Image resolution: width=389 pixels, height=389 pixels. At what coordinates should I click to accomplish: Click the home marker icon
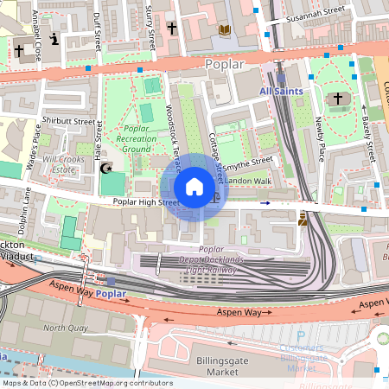tap(194, 188)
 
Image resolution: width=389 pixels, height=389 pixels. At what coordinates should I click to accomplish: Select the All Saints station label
tap(282, 90)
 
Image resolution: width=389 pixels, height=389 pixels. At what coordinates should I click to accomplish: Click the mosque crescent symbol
tap(106, 167)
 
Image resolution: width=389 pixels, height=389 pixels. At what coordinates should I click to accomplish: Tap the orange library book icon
tap(225, 29)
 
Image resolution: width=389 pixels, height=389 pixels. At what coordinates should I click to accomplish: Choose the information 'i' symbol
tap(55, 39)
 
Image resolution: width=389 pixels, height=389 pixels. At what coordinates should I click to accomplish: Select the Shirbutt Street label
tap(67, 122)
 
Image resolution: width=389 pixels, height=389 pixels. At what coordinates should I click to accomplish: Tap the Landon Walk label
tap(249, 180)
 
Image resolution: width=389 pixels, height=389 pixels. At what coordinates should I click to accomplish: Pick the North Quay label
tap(67, 328)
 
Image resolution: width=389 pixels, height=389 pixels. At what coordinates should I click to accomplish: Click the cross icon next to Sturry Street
tap(172, 29)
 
